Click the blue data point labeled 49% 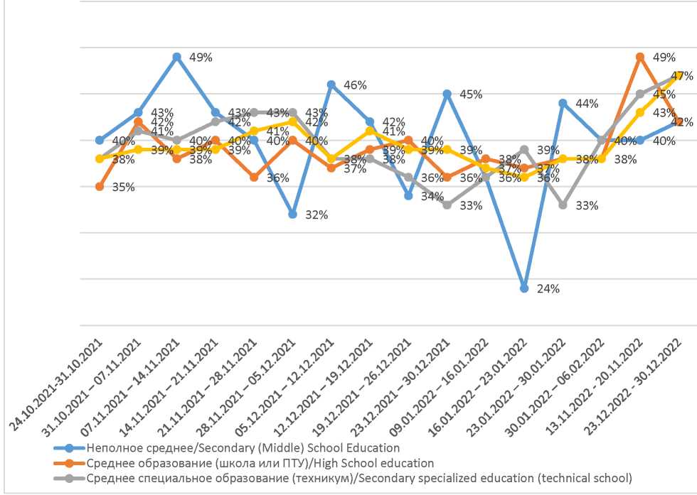(x=176, y=57)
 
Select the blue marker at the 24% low (x=524, y=288)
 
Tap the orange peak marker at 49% (x=640, y=57)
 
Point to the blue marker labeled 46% (x=331, y=85)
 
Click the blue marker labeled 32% (x=292, y=214)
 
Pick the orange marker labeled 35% (x=100, y=187)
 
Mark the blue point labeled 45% (x=447, y=94)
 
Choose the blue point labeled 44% (x=563, y=103)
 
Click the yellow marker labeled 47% (x=679, y=75)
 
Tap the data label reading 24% (x=548, y=289)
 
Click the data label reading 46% (x=355, y=85)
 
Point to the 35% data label (x=123, y=188)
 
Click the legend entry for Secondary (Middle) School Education (x=243, y=448)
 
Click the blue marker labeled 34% (x=408, y=195)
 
